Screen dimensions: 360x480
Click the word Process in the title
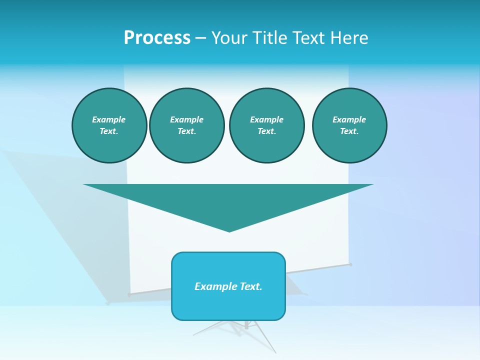(x=157, y=38)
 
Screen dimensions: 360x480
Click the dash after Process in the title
(x=200, y=38)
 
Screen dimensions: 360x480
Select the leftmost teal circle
(x=109, y=125)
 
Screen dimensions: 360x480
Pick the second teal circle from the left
(x=186, y=125)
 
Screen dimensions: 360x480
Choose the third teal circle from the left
(x=266, y=125)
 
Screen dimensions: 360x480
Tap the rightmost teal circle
(x=349, y=125)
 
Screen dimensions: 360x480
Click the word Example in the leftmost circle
(x=109, y=119)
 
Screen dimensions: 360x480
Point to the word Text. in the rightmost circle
(x=349, y=131)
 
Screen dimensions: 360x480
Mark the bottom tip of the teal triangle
(x=229, y=230)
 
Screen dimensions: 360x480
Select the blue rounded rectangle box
(x=228, y=305)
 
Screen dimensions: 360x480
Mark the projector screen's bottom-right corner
(x=350, y=263)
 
